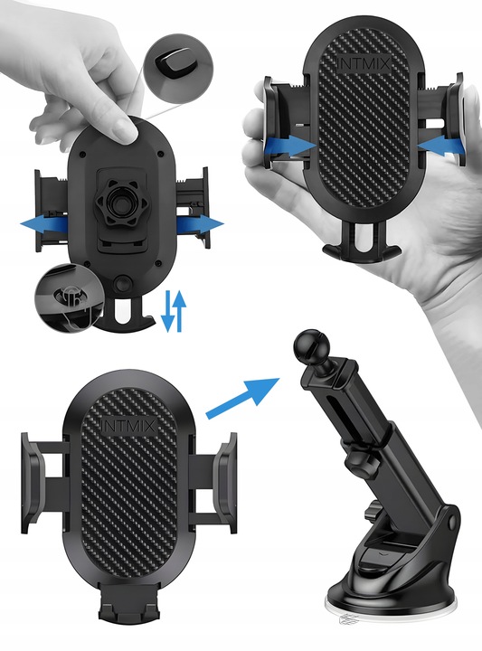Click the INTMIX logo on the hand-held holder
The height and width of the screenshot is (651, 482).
(x=362, y=64)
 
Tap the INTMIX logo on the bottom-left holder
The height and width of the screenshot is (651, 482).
(x=128, y=427)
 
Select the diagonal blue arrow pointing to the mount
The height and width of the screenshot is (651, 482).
(x=243, y=397)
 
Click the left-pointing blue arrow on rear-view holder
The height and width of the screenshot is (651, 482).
(x=45, y=224)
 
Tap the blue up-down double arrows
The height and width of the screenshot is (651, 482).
(x=174, y=311)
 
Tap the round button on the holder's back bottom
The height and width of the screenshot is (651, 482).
(x=122, y=285)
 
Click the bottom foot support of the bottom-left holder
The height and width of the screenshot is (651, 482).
(x=128, y=600)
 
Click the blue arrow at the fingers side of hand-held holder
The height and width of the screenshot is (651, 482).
(x=440, y=146)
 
